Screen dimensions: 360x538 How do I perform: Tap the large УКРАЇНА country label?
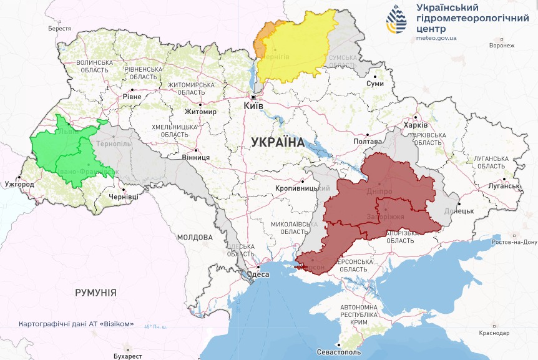278,142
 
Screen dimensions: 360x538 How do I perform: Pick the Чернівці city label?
124,197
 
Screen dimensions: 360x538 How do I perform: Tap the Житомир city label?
200,112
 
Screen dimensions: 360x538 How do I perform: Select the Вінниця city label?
196,158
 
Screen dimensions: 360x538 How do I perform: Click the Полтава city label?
367,142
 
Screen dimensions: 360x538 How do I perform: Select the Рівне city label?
132,97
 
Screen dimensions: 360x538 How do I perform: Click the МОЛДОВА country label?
195,238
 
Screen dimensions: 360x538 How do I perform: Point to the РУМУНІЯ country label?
95,292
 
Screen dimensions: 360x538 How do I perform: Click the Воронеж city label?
502,46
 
